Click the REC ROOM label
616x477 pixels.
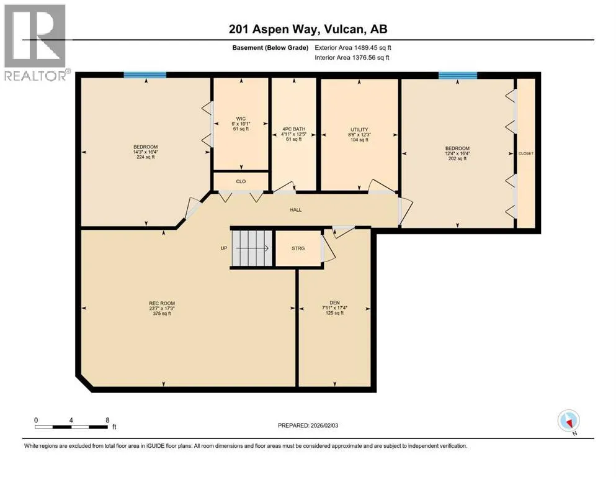[162, 303]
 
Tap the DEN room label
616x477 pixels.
[335, 303]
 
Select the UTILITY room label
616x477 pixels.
[359, 129]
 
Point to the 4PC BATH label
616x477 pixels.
[294, 129]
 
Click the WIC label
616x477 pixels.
[241, 119]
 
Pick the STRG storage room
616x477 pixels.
[298, 248]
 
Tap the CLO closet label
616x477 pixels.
[241, 181]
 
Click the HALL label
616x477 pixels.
[296, 210]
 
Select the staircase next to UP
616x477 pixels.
[252, 248]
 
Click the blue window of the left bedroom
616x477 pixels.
[145, 75]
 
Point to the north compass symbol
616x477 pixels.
[568, 421]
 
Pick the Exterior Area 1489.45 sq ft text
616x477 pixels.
[353, 48]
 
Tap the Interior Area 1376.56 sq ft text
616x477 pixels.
[352, 57]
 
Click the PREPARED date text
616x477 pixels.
[308, 425]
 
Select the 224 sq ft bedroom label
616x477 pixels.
[145, 157]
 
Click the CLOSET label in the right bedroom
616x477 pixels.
[526, 153]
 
